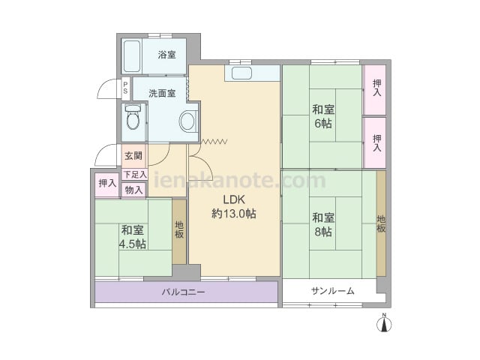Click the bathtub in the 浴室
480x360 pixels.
(132, 56)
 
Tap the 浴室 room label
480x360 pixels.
(166, 55)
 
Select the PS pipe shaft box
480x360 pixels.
(125, 88)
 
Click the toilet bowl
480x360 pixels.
(133, 118)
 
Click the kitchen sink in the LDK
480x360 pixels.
(241, 73)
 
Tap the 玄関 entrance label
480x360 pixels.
(133, 156)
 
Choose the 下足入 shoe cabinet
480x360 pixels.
(135, 175)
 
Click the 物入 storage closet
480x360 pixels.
(133, 190)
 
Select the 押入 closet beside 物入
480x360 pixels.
(107, 185)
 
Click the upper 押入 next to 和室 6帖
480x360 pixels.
(374, 90)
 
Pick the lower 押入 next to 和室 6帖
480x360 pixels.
(374, 142)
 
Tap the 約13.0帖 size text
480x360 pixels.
(234, 214)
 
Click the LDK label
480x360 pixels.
(234, 199)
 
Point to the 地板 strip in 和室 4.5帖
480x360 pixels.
(179, 232)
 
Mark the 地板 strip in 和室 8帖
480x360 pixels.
(381, 223)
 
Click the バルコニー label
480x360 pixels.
(183, 292)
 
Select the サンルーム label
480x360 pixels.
(333, 291)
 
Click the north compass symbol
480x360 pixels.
(384, 322)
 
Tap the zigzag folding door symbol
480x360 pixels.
(214, 141)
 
